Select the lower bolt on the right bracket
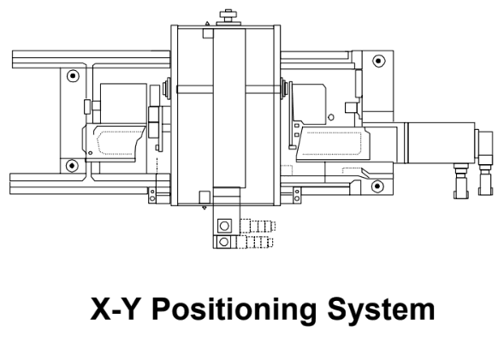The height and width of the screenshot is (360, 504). click(378, 181)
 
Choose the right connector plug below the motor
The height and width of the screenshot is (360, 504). click(486, 180)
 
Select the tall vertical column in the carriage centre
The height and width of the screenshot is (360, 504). click(228, 111)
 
